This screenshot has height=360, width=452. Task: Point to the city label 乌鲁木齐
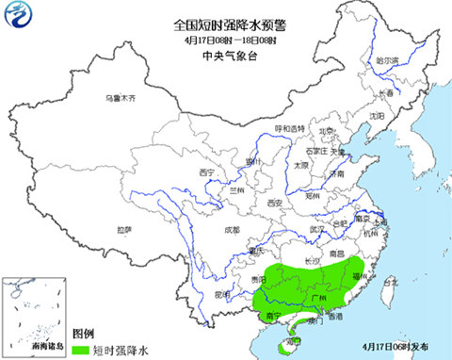120,98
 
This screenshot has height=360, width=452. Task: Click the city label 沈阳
377,116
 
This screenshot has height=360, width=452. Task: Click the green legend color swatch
76,349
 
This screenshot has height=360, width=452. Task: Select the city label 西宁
208,172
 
